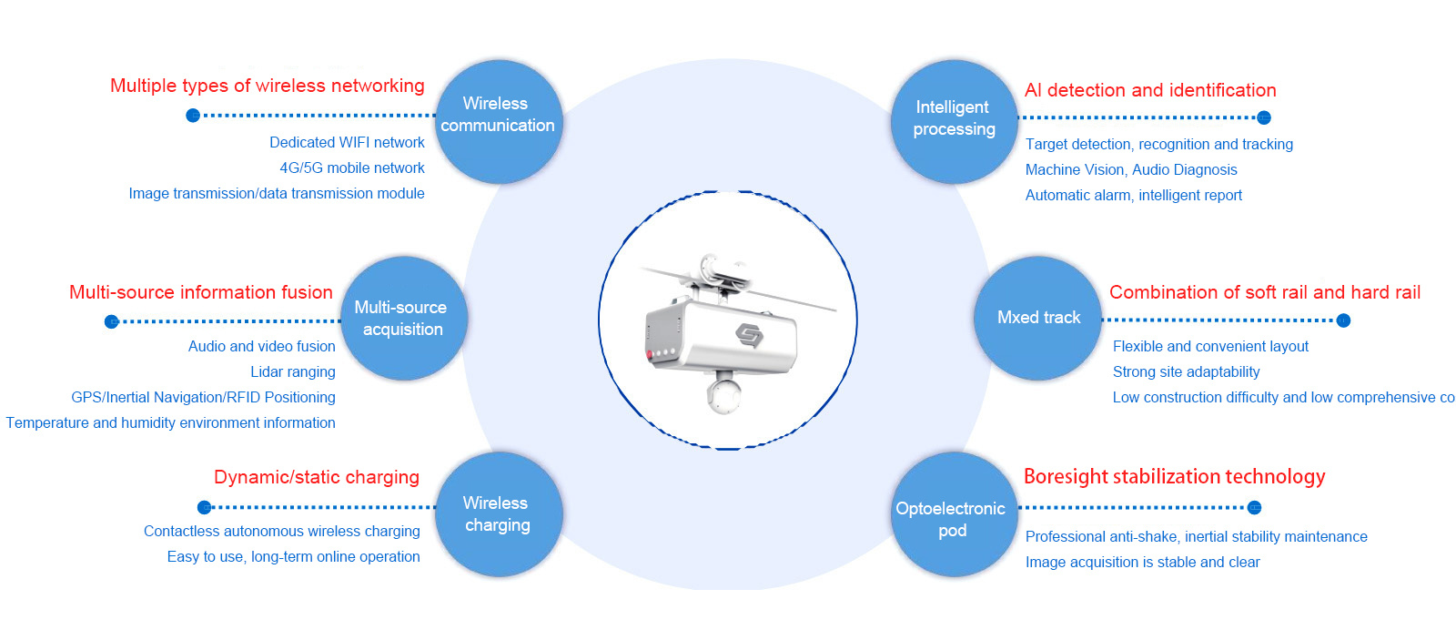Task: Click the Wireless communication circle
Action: point(498,123)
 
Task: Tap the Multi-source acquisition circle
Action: point(403,319)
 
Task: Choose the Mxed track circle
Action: point(1037,318)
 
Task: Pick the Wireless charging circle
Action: point(498,514)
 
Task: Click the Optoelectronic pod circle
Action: point(953,515)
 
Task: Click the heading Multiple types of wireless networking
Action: point(267,86)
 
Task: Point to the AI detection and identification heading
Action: point(1150,90)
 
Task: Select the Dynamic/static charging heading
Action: point(316,477)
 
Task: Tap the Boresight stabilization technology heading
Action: point(1174,477)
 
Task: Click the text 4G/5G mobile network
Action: point(351,168)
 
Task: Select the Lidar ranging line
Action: point(292,372)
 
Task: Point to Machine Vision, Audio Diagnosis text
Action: point(1131,170)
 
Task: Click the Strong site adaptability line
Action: point(1186,372)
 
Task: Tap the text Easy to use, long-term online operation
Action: point(293,557)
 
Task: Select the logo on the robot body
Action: point(749,335)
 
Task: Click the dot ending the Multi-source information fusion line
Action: point(112,321)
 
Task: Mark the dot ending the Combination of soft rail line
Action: point(1343,320)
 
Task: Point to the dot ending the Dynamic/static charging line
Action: point(205,507)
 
